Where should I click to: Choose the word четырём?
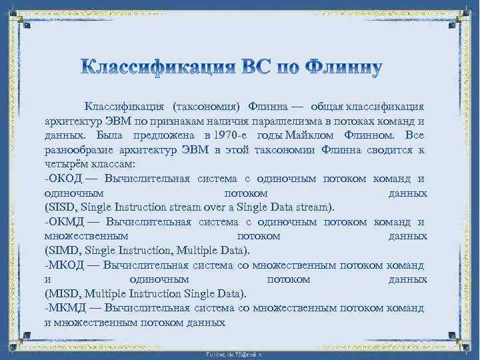(x=65, y=164)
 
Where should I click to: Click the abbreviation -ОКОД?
(x=62, y=178)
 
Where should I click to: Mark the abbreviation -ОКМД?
(x=62, y=221)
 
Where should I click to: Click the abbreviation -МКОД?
(x=62, y=265)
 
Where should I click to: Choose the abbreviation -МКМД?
(x=63, y=308)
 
